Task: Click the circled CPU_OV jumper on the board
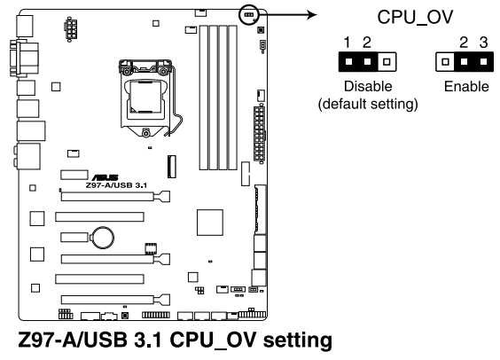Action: [x=248, y=13]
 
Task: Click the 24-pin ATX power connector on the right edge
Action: [x=260, y=129]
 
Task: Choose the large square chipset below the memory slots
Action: [x=211, y=223]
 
